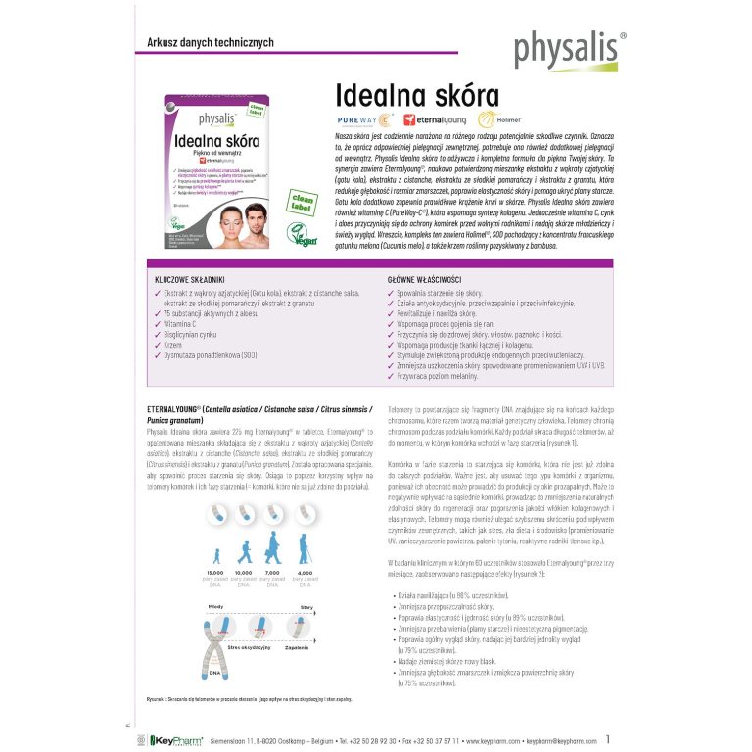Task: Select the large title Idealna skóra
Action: pos(403,96)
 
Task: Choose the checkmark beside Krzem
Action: pos(157,345)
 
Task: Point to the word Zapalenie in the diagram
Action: pos(298,647)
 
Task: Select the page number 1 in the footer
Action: pos(609,740)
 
